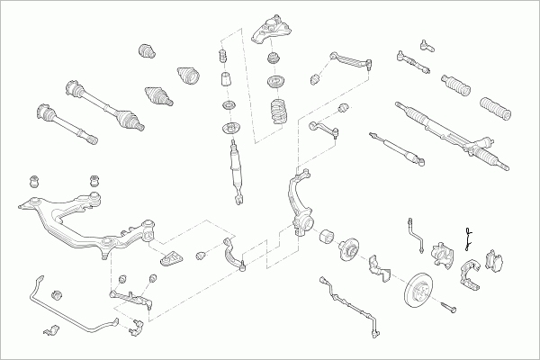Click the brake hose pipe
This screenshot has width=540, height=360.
click(x=416, y=231)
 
